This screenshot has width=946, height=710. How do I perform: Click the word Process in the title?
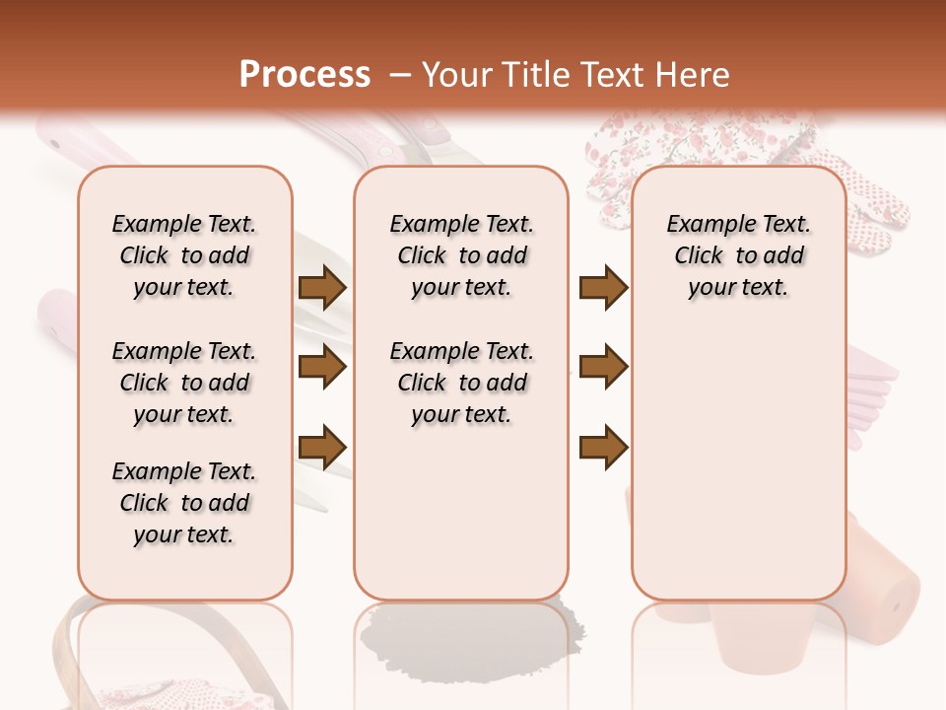(x=304, y=75)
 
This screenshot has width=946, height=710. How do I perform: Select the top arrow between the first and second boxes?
(x=322, y=288)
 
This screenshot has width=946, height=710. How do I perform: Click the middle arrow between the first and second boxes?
(x=322, y=368)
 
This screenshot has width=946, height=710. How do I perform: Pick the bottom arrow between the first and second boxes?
(x=322, y=447)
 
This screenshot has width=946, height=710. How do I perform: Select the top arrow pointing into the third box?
(x=603, y=288)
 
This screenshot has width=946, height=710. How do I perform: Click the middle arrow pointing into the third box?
(x=603, y=368)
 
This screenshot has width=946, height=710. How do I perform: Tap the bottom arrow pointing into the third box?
(x=603, y=447)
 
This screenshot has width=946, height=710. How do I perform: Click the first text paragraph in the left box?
(x=184, y=255)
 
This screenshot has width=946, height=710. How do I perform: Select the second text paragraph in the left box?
(x=184, y=383)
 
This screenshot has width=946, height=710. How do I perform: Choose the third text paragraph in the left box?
(x=184, y=503)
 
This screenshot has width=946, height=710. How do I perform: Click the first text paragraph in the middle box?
(x=462, y=255)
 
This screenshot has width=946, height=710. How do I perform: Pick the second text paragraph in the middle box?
(x=462, y=383)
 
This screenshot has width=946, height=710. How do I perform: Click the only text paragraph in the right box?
(x=738, y=255)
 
